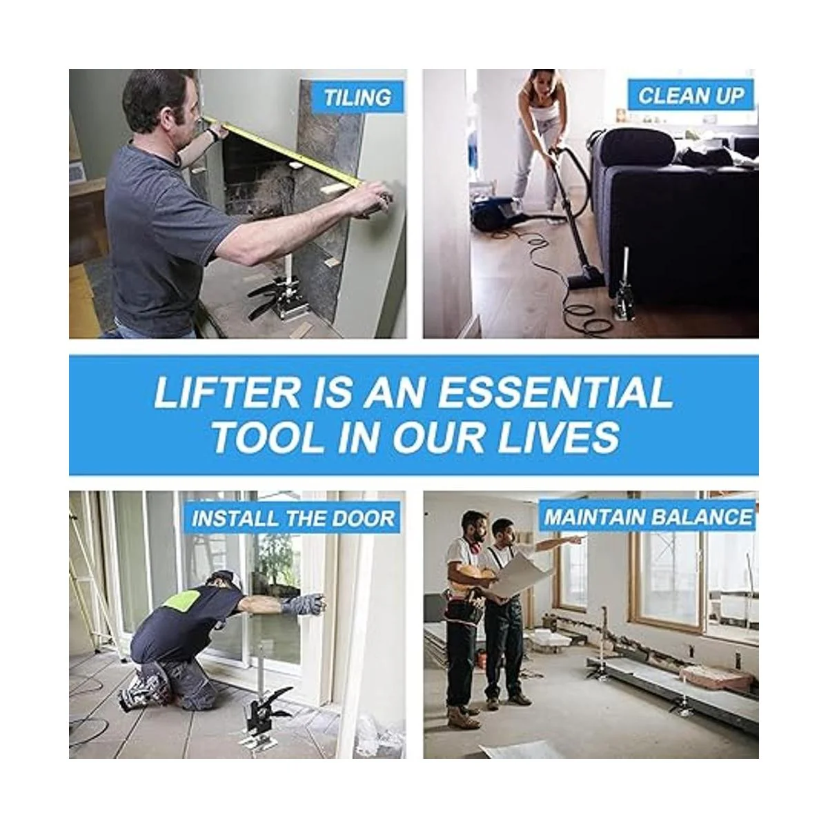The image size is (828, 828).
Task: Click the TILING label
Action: (357, 97)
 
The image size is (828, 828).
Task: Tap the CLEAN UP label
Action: (691, 95)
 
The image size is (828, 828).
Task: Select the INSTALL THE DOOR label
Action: (293, 518)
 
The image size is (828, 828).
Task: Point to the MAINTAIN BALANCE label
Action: (649, 517)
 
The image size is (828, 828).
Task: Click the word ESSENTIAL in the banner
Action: (555, 393)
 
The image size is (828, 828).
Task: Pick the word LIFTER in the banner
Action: (227, 393)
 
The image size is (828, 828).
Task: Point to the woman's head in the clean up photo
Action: (540, 83)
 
